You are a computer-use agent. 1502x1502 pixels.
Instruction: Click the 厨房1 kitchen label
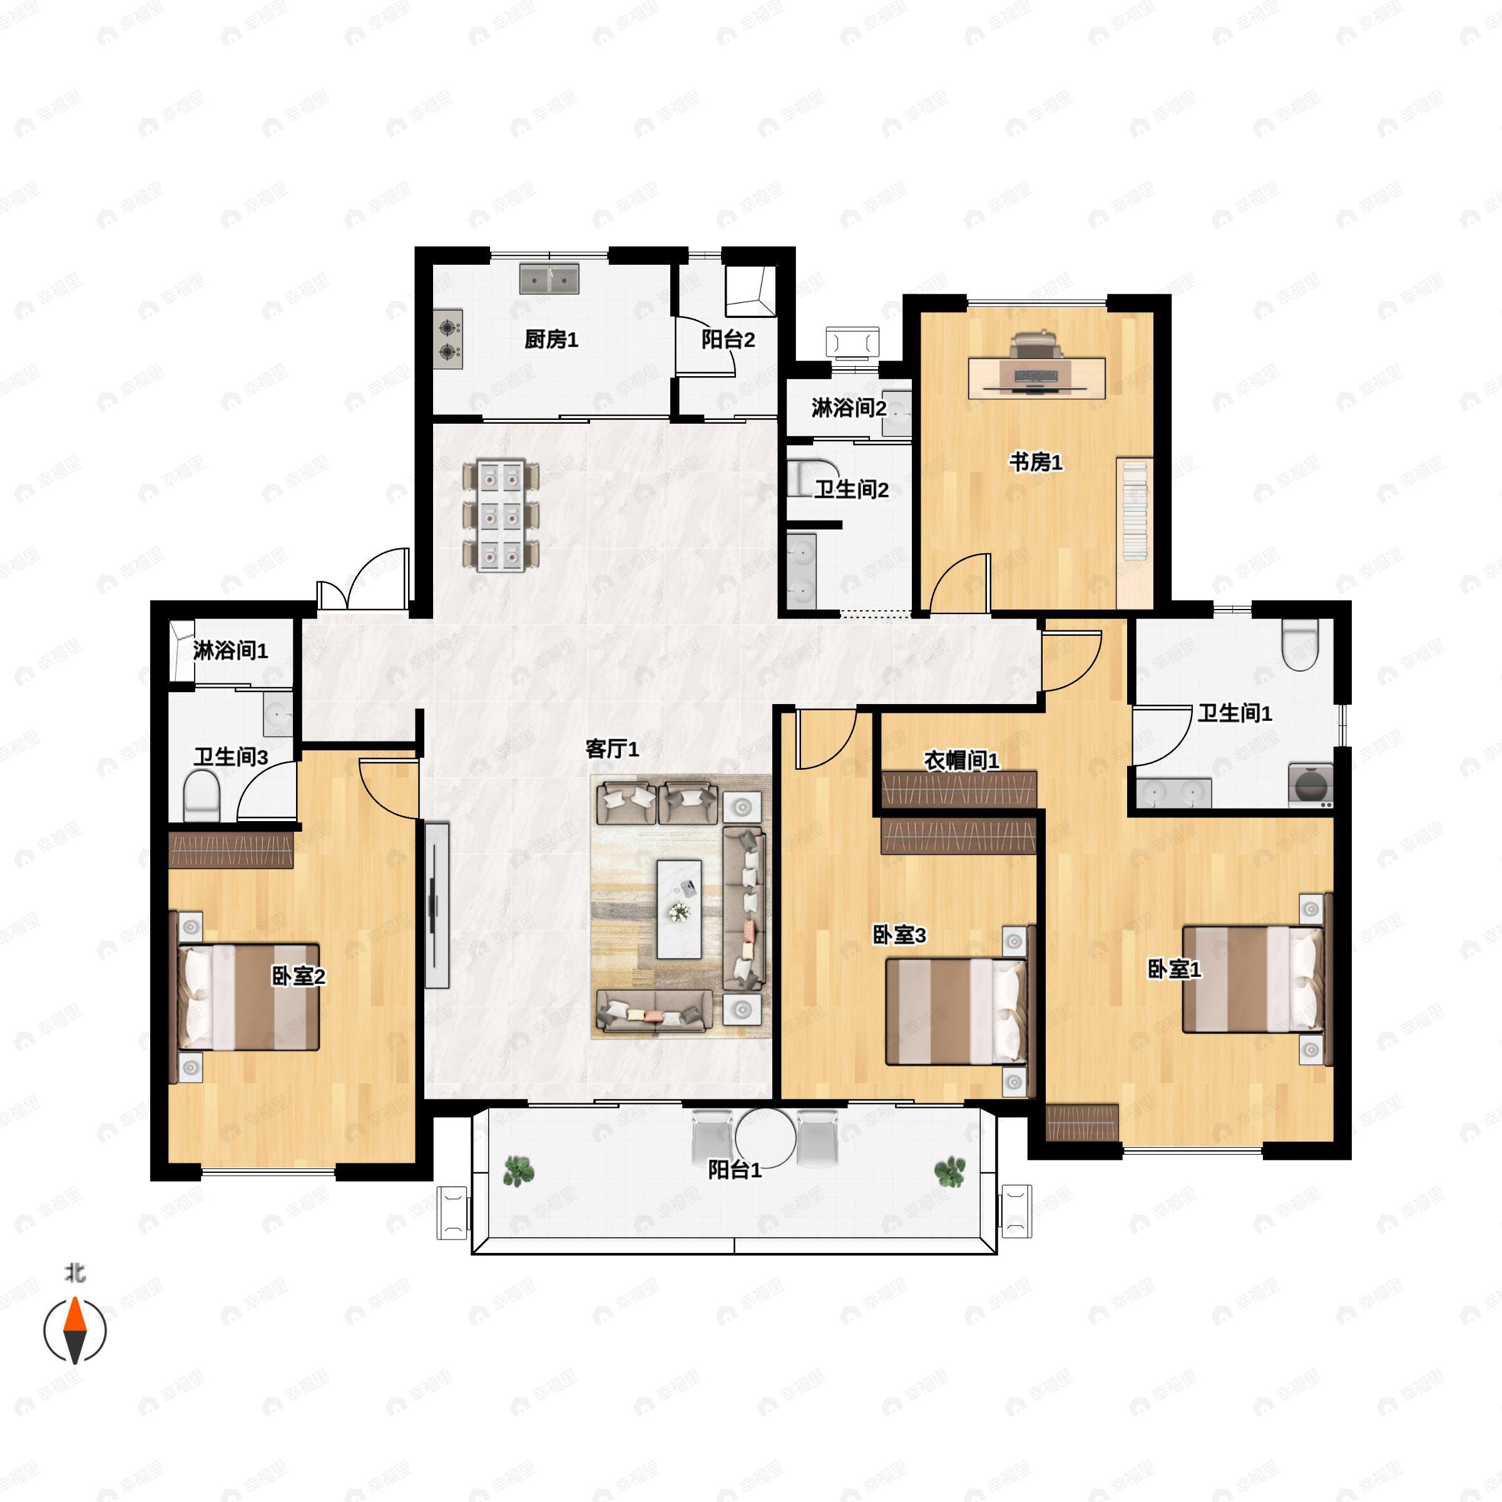(551, 339)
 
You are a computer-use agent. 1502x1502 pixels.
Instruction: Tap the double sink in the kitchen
(549, 279)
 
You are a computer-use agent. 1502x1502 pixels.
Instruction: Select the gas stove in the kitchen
(449, 339)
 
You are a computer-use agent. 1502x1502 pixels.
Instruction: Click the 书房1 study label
(1036, 462)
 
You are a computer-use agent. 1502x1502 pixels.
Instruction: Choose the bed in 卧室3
(957, 1011)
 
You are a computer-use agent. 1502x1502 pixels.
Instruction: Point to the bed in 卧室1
(1252, 979)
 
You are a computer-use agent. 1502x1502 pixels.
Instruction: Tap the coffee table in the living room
(678, 909)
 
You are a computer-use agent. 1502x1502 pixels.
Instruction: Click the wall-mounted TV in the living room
(437, 905)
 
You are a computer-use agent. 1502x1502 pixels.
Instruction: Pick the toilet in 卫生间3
(202, 795)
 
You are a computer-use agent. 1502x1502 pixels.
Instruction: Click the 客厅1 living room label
(612, 748)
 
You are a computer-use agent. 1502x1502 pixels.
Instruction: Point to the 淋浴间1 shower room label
(230, 650)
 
